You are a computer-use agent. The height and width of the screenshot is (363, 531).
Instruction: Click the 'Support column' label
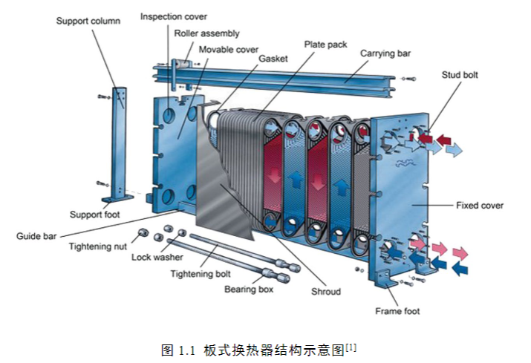click(88, 21)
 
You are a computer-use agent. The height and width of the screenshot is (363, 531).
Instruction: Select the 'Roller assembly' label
click(207, 33)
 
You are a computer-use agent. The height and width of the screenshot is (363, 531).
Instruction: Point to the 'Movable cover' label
click(228, 49)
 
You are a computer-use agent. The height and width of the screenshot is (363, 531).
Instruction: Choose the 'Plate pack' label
click(325, 45)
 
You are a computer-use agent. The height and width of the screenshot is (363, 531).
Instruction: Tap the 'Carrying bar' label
click(385, 53)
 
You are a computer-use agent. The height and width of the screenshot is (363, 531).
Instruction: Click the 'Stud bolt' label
click(460, 74)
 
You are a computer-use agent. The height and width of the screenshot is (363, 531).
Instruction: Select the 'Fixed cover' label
click(479, 205)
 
